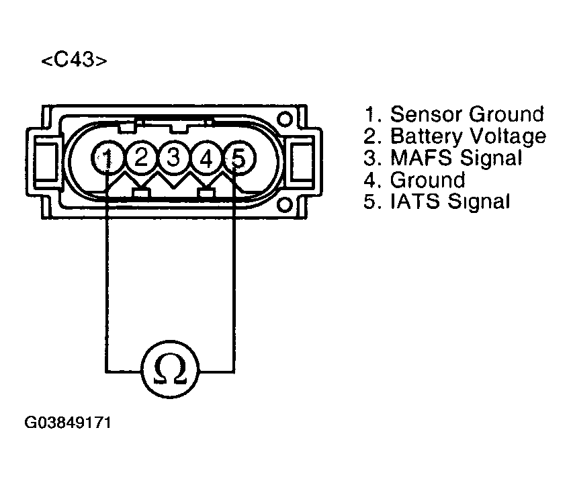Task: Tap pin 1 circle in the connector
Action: [x=107, y=158]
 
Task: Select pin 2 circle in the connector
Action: [x=141, y=158]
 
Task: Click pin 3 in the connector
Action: [x=173, y=158]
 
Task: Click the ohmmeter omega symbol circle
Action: [x=170, y=369]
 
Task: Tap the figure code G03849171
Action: [x=67, y=424]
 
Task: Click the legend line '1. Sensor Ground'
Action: [x=453, y=114]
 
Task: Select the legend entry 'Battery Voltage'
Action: [x=455, y=136]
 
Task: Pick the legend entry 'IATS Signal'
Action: [x=437, y=202]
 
